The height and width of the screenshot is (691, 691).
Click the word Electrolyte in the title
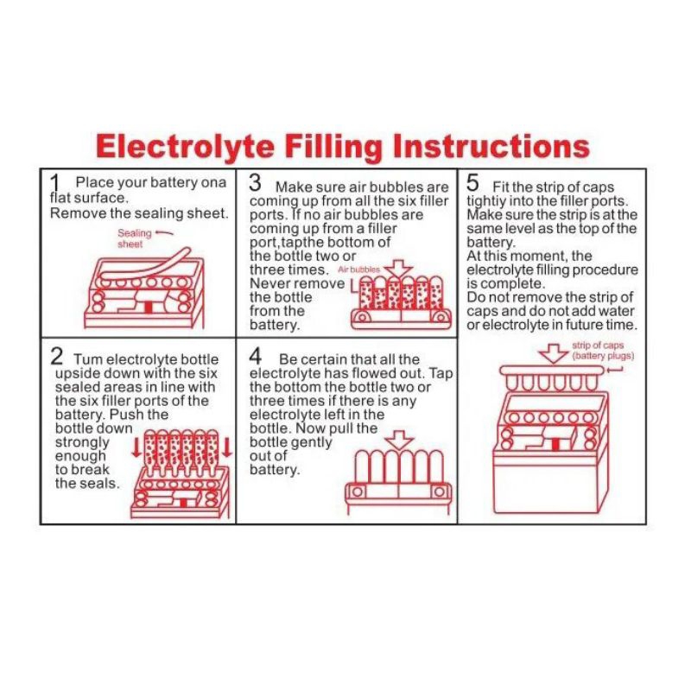pos(185,147)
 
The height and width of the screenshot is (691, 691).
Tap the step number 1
pos(54,184)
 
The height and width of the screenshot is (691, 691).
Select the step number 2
pos(57,356)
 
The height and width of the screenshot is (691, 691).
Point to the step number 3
pos(255,183)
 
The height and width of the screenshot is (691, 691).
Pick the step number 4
pos(255,356)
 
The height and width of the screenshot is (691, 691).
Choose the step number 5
pos(472,183)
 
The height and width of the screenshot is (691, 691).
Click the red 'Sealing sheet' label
pos(135,238)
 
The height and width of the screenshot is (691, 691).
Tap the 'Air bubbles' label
pos(358,269)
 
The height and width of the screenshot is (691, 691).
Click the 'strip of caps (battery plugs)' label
pos(603,351)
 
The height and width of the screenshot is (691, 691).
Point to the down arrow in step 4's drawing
pos(399,440)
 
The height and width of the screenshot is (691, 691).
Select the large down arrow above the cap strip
pos(555,353)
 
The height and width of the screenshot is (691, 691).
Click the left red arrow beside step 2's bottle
pos(137,447)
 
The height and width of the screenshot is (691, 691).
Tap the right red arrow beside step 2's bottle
pos(227,447)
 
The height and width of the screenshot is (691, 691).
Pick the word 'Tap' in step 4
pos(441,374)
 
